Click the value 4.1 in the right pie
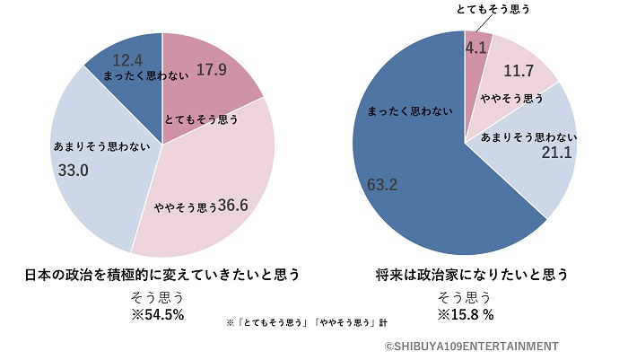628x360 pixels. (475, 45)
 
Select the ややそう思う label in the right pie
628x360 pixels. (512, 97)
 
